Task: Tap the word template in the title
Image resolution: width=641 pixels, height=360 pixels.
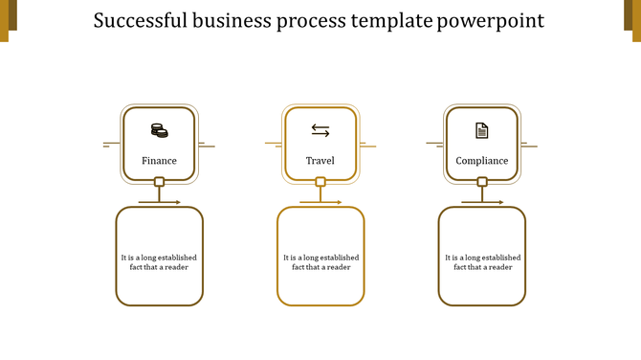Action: pos(389,21)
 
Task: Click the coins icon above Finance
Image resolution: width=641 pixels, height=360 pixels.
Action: pos(159,130)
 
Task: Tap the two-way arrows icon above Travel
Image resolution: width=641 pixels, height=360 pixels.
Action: pos(320,130)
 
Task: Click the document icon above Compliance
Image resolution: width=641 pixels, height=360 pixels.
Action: pos(482,130)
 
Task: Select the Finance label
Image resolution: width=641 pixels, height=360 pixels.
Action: pos(159,161)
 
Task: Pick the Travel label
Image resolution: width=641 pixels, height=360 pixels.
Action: pos(320,161)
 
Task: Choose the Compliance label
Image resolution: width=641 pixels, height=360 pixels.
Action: pos(482,161)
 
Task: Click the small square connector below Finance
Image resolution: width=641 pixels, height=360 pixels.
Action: pos(160,182)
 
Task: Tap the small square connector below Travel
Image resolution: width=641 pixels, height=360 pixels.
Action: pos(320,182)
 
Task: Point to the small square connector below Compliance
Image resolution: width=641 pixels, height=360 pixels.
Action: pos(482,182)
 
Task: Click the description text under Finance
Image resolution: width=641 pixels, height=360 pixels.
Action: pos(159,261)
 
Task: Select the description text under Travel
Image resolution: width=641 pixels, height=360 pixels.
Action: pos(320,261)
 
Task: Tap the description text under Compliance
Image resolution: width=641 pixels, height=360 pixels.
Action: pos(482,261)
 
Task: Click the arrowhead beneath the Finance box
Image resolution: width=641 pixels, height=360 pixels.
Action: pos(178,202)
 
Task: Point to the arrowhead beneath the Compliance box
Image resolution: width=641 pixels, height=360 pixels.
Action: pos(501,202)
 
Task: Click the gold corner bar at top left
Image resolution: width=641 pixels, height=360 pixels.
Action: pos(5,19)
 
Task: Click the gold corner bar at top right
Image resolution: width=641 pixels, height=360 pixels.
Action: pos(635,19)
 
